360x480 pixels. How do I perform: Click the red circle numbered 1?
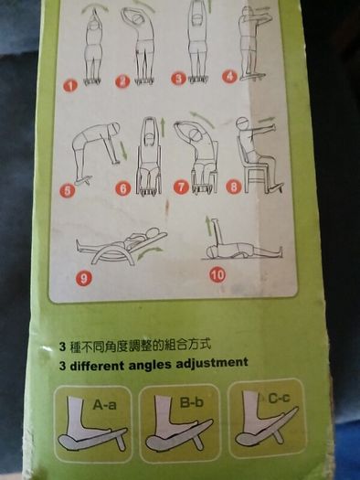(x=70, y=86)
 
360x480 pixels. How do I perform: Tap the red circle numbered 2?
(x=122, y=81)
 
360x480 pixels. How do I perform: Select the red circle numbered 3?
(x=178, y=79)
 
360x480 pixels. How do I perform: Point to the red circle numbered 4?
(x=229, y=76)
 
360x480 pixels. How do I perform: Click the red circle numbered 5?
(x=68, y=191)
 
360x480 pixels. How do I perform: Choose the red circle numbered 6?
(x=123, y=188)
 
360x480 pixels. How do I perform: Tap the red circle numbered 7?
(x=182, y=187)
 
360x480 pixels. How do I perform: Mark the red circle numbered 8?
(x=234, y=187)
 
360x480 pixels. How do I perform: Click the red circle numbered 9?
(x=83, y=278)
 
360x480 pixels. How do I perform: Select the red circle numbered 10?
(x=217, y=274)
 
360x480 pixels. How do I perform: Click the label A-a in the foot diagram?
(x=104, y=405)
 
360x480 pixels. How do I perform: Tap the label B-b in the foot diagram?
(x=192, y=402)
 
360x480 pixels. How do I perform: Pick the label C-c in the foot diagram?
(x=279, y=398)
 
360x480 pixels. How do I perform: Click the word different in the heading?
(x=96, y=366)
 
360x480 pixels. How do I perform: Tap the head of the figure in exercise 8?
(x=242, y=123)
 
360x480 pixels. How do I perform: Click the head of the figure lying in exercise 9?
(x=152, y=233)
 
